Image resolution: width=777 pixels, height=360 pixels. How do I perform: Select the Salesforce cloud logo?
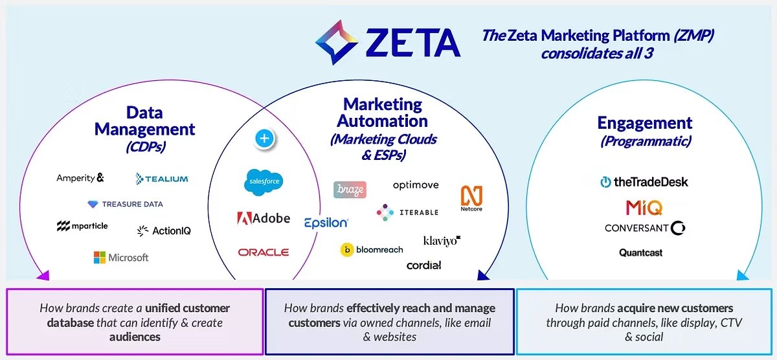tap(264, 181)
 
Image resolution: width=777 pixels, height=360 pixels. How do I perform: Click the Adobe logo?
tap(263, 218)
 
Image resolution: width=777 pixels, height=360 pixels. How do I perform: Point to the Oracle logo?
tap(264, 252)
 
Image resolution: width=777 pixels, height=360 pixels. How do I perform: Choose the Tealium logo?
tap(162, 178)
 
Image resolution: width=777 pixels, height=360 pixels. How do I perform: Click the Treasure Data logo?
tap(125, 204)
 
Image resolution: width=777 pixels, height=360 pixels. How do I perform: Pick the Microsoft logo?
tap(121, 258)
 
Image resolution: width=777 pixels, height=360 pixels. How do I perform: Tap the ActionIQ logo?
tap(164, 231)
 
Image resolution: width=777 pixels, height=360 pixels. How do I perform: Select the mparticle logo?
tap(82, 226)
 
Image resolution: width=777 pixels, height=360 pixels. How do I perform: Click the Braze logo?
tap(350, 190)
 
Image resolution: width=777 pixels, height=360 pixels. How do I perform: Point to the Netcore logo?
tap(471, 198)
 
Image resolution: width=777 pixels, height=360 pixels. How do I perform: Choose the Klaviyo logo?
tap(442, 241)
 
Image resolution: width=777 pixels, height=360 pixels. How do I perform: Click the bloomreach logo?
tap(372, 249)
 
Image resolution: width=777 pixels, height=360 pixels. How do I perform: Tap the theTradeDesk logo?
tap(644, 182)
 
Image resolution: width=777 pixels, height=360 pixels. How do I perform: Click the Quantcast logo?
tap(640, 253)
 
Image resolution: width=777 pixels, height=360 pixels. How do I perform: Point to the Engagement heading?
tap(644, 123)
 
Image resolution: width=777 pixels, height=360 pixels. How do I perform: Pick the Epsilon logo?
tap(326, 223)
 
